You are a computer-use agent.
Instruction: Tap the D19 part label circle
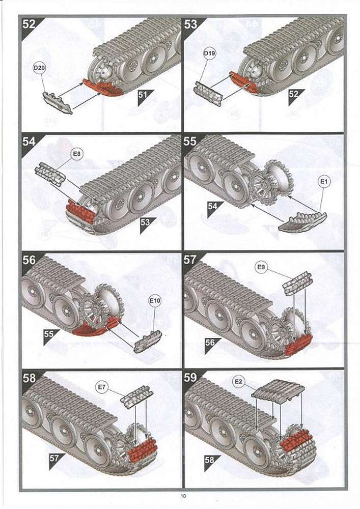tap(210, 53)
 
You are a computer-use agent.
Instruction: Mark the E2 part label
tap(239, 381)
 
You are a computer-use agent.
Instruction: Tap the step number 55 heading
tap(190, 141)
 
